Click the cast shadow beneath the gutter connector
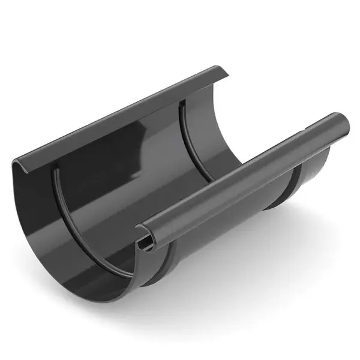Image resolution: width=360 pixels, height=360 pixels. [x=240, y=300]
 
